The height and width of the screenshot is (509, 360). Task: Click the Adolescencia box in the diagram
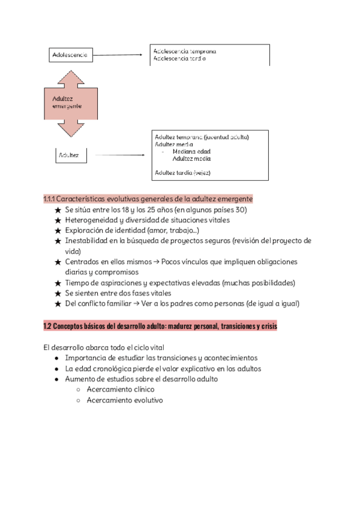(71, 55)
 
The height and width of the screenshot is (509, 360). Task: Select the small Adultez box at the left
(71, 156)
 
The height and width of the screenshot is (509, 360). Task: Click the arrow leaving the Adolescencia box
(120, 55)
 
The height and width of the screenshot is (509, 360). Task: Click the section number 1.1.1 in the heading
(49, 199)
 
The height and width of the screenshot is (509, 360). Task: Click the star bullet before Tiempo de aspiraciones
(58, 283)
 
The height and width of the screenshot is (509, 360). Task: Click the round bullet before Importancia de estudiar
(56, 358)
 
